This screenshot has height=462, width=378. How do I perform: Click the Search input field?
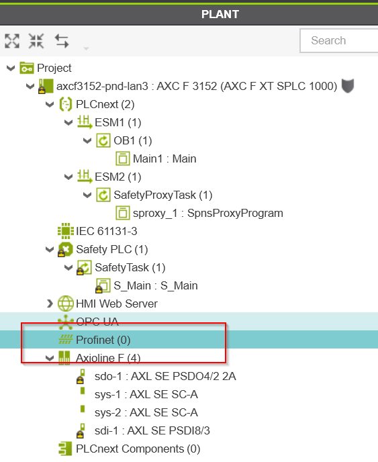click(x=339, y=41)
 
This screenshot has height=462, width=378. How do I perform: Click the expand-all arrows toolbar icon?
click(x=12, y=41)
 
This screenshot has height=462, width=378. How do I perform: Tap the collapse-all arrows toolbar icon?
click(x=36, y=41)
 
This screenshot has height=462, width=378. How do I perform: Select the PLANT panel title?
click(x=220, y=14)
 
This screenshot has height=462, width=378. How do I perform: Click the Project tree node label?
click(x=54, y=68)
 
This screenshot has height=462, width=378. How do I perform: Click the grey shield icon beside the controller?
click(x=348, y=86)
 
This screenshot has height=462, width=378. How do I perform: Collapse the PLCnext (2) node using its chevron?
click(x=50, y=104)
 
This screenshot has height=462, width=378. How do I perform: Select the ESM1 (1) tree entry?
click(x=118, y=122)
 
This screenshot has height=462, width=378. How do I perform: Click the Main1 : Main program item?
click(x=164, y=158)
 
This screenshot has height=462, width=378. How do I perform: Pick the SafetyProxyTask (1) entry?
click(x=163, y=195)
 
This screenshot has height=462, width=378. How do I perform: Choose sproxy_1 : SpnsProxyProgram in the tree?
click(x=207, y=213)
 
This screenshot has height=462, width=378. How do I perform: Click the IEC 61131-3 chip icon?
click(x=66, y=231)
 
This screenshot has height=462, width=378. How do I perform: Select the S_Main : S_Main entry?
click(x=156, y=285)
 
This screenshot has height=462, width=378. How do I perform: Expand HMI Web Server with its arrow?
click(x=50, y=304)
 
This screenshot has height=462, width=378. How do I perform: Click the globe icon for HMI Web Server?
click(x=66, y=304)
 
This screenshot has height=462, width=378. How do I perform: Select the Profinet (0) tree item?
click(x=103, y=340)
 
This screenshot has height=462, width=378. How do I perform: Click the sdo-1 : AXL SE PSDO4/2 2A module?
click(x=165, y=376)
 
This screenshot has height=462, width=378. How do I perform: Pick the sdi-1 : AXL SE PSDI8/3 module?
click(x=152, y=430)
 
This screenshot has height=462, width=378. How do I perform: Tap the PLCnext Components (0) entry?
click(x=138, y=449)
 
